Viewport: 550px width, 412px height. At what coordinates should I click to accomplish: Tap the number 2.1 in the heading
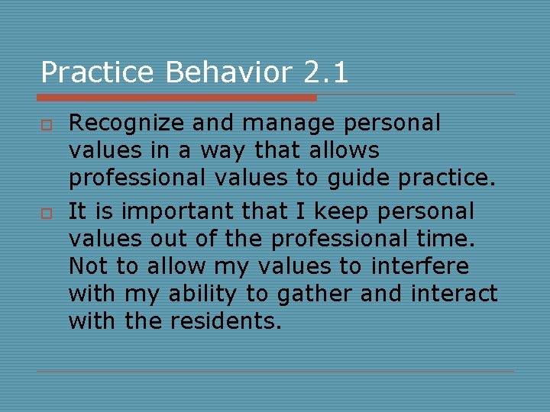tap(325, 73)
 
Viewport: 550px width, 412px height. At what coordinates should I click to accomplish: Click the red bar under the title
tap(176, 98)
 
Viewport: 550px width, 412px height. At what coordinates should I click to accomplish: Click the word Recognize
tap(125, 123)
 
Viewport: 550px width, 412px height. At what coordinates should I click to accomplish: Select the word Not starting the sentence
tap(86, 267)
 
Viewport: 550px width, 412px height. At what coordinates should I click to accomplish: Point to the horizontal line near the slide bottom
tap(275, 372)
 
